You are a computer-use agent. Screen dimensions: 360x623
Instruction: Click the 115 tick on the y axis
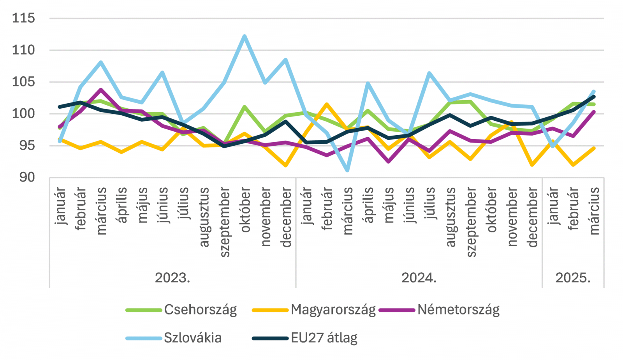pos(23,18)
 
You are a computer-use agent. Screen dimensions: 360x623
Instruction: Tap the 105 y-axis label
pos(23,82)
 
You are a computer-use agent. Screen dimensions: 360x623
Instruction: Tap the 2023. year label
pos(172,278)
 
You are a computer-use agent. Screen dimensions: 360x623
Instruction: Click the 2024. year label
pos(419,278)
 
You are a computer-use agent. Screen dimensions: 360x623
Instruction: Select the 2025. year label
pos(573,278)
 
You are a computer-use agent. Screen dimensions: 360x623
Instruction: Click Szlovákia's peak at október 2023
pos(245,36)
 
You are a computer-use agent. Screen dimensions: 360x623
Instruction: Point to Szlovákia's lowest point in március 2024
pos(347,170)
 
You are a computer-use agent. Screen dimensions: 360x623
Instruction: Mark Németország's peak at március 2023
pos(101,90)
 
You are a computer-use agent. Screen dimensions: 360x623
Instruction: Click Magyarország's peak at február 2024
pos(327,104)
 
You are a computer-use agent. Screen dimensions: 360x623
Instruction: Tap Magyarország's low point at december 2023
pos(286,165)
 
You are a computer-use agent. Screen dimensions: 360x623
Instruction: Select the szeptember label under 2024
pos(471,222)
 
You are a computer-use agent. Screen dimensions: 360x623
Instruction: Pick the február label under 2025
pos(574,209)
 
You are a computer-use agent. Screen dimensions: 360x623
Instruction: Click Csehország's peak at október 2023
pos(245,107)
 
